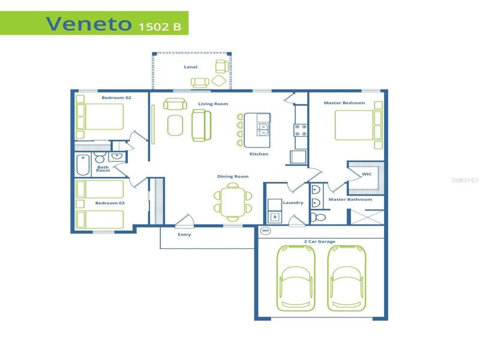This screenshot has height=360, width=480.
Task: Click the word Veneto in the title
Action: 89,23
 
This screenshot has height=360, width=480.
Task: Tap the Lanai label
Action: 190,67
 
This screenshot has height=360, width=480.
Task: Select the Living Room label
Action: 213,104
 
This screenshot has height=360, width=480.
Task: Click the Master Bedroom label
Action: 344,103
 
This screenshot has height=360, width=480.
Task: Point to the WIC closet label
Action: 367,174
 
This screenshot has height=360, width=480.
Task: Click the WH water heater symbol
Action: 265,230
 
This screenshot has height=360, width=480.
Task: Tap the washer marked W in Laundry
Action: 275,217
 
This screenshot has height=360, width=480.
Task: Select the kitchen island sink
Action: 263,130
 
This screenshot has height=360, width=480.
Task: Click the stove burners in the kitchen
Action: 301,130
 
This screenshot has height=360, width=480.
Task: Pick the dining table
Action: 233,202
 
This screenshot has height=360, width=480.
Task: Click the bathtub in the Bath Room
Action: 83,165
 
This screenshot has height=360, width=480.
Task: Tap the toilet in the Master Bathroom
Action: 319,217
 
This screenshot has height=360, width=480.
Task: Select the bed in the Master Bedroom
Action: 358,125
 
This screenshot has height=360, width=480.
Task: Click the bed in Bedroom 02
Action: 100,116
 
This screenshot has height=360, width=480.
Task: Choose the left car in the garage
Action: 296,278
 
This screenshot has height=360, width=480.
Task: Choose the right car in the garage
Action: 347,278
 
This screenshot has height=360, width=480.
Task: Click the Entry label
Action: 184,235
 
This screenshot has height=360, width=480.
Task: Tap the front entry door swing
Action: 185,220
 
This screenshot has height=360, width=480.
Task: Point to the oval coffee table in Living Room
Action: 175,125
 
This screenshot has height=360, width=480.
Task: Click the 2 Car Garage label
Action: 320,242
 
